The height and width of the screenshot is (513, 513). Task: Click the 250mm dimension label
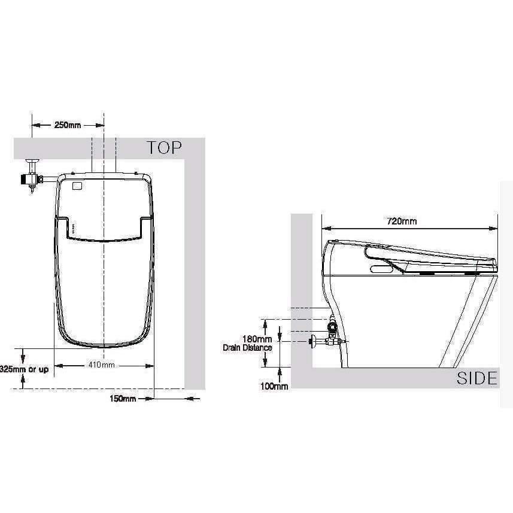pyautogui.click(x=68, y=126)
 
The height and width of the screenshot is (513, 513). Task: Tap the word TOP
pyautogui.click(x=165, y=148)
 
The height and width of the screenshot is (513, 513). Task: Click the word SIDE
pyautogui.click(x=476, y=378)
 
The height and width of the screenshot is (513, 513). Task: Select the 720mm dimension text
pyautogui.click(x=401, y=221)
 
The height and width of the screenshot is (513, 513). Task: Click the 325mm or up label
pyautogui.click(x=24, y=369)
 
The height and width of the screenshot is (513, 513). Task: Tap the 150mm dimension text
pyautogui.click(x=123, y=398)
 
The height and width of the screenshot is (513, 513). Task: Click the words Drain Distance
pyautogui.click(x=247, y=347)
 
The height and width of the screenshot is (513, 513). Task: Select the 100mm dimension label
pyautogui.click(x=274, y=386)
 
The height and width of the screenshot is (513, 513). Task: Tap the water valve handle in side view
pyautogui.click(x=312, y=342)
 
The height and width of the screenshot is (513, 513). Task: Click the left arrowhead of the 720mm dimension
pyautogui.click(x=325, y=228)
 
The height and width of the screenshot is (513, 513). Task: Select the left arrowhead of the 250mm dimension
pyautogui.click(x=35, y=126)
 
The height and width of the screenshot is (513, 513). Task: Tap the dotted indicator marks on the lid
pyautogui.click(x=73, y=228)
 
